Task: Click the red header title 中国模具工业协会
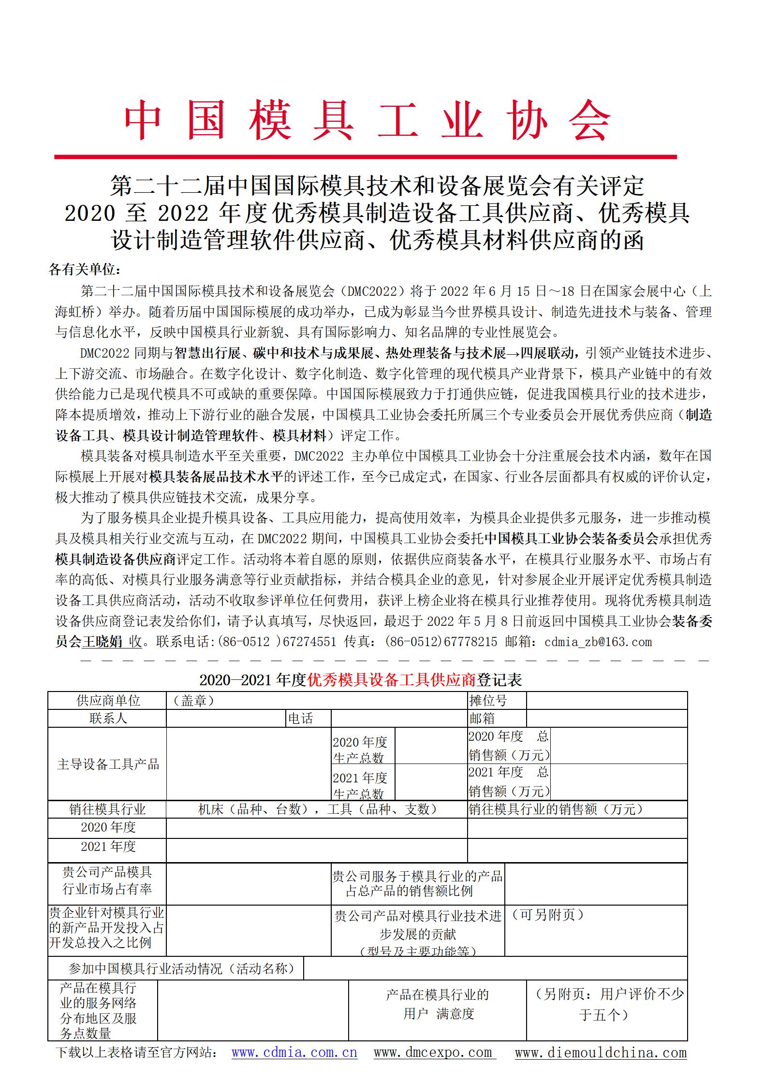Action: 367,121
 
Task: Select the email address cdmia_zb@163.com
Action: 598,642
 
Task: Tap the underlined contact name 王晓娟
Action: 102,642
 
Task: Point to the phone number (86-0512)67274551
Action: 277,642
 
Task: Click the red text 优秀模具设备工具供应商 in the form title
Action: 392,680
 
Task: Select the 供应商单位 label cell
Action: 108,701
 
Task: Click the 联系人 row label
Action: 108,719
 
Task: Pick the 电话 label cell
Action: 300,719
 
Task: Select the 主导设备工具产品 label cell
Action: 108,764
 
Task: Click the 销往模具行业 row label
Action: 108,809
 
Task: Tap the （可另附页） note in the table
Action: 548,915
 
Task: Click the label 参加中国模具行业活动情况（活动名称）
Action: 181,968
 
